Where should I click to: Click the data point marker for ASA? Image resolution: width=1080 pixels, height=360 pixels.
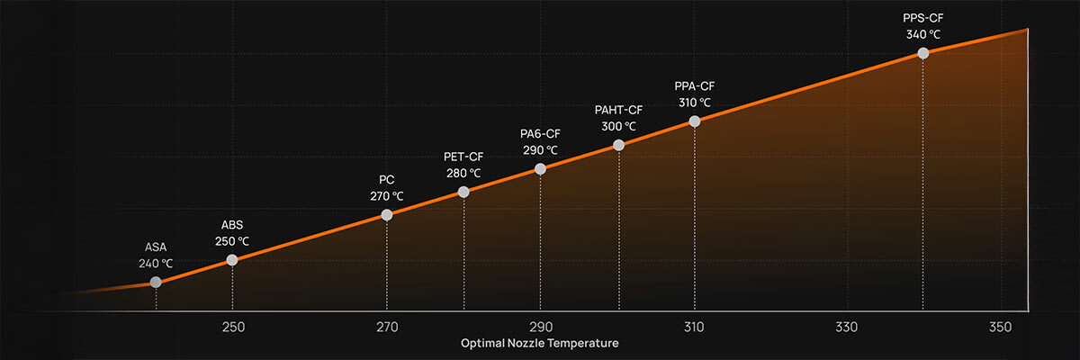(156, 282)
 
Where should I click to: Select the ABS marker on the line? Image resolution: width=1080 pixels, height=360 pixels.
(232, 260)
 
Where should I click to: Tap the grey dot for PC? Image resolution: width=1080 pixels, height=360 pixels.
(387, 214)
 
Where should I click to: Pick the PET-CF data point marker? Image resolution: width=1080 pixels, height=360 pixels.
(463, 192)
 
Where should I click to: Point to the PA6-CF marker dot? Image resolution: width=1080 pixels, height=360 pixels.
(540, 168)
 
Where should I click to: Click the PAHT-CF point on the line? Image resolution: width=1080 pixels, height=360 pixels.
(618, 145)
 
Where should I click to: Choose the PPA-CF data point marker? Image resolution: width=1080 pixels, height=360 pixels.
(694, 121)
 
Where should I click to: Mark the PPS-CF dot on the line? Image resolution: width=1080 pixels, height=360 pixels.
(922, 53)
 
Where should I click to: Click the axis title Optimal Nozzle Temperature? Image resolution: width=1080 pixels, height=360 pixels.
(540, 343)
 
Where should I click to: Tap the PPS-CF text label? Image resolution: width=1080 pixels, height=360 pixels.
(922, 17)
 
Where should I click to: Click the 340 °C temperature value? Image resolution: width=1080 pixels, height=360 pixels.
(922, 34)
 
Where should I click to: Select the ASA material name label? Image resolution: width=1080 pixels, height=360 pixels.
(156, 247)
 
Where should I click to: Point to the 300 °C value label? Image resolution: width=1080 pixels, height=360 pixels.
(618, 127)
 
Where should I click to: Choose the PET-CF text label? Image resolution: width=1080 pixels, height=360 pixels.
(463, 157)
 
